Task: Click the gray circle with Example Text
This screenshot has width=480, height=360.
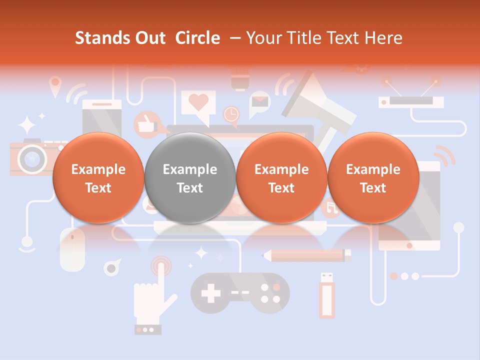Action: [189, 178]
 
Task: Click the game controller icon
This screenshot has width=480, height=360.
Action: [240, 294]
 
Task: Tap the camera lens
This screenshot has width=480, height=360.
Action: [31, 158]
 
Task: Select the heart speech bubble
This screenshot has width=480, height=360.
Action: [199, 104]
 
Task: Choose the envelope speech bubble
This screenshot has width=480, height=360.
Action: [259, 102]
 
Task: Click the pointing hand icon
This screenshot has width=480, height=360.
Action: [152, 295]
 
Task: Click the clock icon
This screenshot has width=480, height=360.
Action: [231, 114]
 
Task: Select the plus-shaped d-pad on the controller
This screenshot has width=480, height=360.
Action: [210, 293]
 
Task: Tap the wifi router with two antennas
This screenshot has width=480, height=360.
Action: [411, 97]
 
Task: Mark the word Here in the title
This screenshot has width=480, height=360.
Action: [385, 38]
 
